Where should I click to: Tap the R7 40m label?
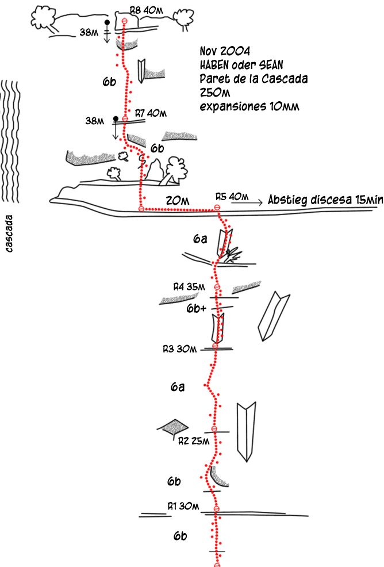tap(150, 113)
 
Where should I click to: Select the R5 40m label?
tap(228, 197)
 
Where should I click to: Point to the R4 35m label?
tap(189, 286)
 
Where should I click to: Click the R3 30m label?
tap(179, 348)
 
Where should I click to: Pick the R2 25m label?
tap(193, 441)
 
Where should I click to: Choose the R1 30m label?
tap(183, 506)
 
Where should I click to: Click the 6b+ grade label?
tap(197, 308)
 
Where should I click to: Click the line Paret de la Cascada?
tap(253, 79)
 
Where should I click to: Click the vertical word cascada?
tap(10, 234)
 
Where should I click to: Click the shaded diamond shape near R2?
tap(172, 427)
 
